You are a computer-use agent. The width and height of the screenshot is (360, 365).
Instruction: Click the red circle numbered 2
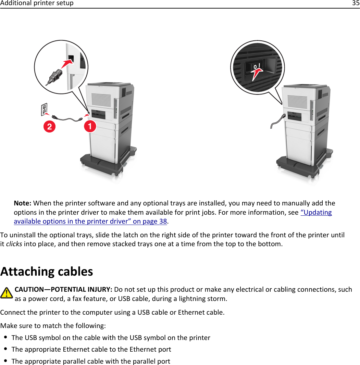click(50, 127)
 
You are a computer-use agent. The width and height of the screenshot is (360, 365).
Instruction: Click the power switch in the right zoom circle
click(257, 67)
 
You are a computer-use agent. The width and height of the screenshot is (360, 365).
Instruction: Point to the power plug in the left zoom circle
click(55, 75)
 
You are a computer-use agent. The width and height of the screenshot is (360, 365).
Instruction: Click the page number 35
click(356, 3)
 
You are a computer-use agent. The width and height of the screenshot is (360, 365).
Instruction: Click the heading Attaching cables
click(47, 272)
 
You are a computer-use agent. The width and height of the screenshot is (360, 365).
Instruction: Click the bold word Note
click(23, 203)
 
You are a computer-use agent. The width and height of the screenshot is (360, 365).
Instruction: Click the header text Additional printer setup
click(37, 3)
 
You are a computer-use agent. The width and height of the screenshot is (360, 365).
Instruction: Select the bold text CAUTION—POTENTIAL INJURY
click(63, 290)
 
